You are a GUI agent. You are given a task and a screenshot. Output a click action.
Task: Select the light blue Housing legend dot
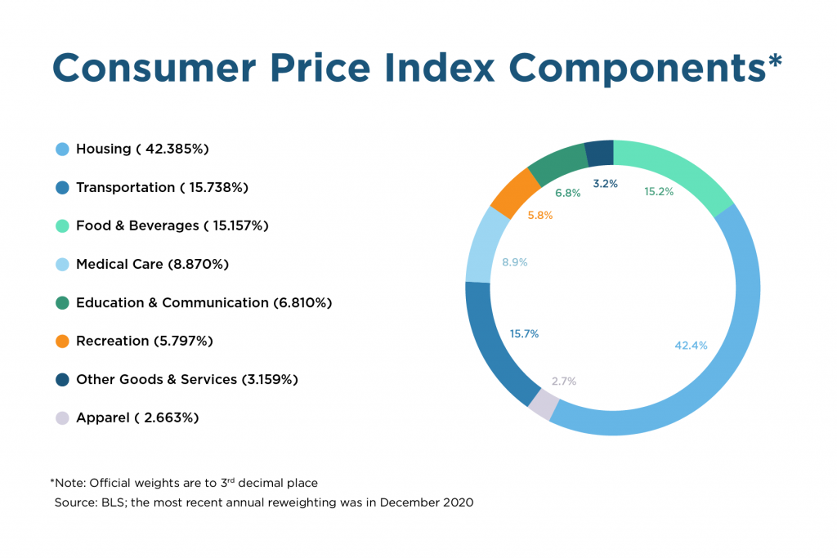tap(62, 150)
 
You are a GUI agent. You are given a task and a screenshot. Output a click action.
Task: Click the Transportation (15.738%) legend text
tap(162, 188)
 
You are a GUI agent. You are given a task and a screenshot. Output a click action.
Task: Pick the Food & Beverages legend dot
tap(62, 226)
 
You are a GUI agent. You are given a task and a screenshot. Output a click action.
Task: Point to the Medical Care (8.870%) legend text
tap(152, 265)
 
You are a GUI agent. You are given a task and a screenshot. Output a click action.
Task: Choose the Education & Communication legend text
tap(204, 303)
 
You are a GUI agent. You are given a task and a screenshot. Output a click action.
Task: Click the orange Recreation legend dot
tap(62, 341)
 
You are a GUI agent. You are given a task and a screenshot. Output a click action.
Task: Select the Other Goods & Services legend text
tap(186, 380)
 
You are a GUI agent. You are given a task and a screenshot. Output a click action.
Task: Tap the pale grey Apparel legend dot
tap(62, 418)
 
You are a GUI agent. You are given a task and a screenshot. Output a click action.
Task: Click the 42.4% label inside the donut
tap(691, 346)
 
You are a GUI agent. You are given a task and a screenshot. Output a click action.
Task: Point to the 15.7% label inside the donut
tap(524, 334)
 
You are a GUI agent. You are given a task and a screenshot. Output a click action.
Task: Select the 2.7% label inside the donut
tap(564, 382)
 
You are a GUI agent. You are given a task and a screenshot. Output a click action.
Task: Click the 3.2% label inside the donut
tap(605, 184)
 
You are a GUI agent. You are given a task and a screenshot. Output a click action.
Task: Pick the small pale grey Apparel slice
tap(544, 404)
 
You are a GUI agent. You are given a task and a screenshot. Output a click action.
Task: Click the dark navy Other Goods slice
tap(599, 153)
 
